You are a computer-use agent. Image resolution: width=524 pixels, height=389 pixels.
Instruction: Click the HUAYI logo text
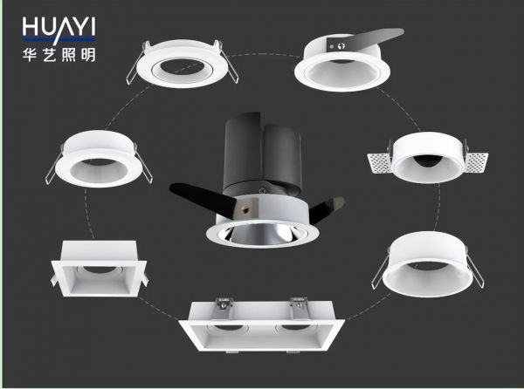[59, 27]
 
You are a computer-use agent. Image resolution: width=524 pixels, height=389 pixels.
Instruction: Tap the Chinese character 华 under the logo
[30, 54]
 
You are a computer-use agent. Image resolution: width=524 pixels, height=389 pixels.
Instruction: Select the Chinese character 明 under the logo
[88, 54]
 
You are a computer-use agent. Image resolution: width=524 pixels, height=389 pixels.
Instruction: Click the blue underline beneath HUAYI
[59, 39]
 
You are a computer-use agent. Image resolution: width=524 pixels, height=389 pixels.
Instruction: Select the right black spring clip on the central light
[327, 208]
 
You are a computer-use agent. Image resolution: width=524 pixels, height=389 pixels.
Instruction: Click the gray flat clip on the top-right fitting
[365, 39]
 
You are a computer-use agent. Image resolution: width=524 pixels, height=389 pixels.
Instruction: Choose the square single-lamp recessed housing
[100, 268]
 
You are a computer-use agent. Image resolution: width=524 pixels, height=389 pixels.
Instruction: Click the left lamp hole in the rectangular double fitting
[229, 328]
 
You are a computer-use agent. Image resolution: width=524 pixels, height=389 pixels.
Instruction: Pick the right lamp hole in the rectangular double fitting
[295, 328]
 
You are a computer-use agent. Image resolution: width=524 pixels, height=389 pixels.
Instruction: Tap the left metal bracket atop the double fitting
[224, 308]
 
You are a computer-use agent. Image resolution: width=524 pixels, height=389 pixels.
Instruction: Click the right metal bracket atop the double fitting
[300, 308]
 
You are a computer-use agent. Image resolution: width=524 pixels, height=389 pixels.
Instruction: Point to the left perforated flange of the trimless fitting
[380, 163]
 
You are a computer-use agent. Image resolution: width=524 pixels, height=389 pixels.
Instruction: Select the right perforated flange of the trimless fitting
[476, 163]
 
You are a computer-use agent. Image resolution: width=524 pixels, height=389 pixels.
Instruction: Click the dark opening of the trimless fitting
[429, 160]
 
